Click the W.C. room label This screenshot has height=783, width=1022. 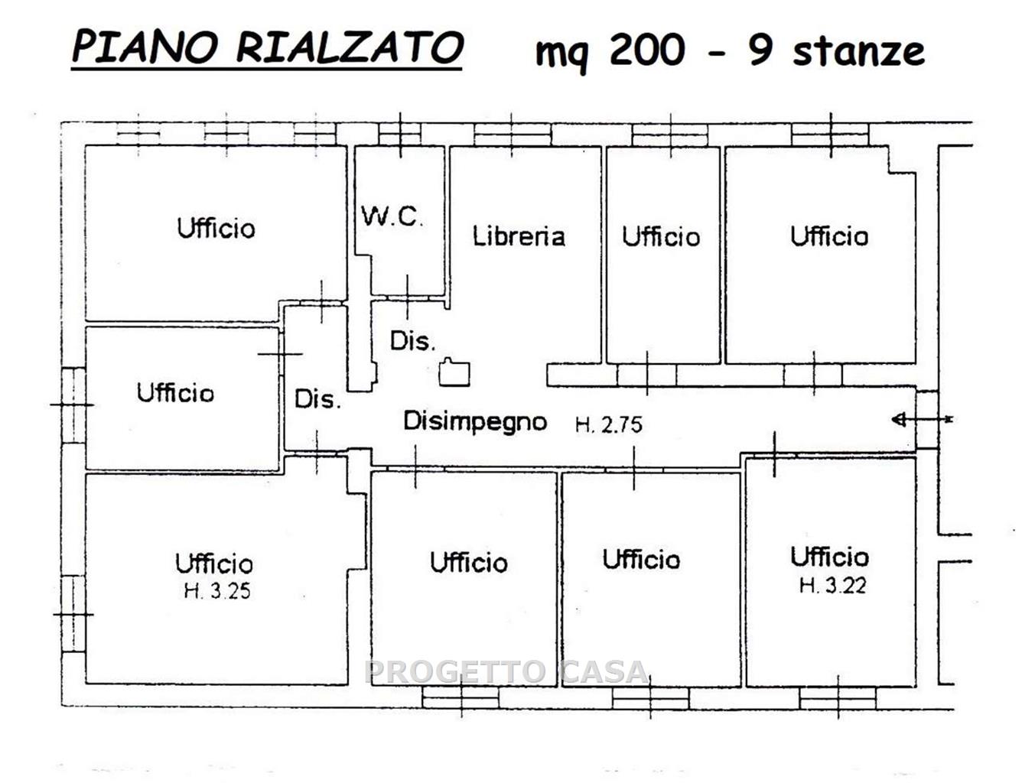click(x=392, y=216)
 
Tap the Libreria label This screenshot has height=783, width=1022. click(x=519, y=236)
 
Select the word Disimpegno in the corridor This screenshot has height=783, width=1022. click(x=476, y=421)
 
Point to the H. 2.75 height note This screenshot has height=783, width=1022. click(x=609, y=425)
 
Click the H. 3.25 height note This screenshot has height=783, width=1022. click(x=217, y=591)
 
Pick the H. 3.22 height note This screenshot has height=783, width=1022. click(x=833, y=586)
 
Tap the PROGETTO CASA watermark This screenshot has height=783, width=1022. click(x=506, y=671)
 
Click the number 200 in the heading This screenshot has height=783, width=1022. click(x=647, y=50)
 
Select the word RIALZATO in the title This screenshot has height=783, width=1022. click(x=350, y=47)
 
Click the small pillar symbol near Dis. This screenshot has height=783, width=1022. click(x=454, y=372)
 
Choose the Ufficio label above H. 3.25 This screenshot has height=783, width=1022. click(x=214, y=563)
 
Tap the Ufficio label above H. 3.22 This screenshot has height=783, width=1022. click(x=830, y=557)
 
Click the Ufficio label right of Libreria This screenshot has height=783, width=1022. click(x=661, y=236)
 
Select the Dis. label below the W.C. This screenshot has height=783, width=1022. click(x=413, y=341)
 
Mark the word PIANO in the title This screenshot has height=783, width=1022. click(x=145, y=47)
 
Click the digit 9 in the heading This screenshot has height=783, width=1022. click(x=761, y=50)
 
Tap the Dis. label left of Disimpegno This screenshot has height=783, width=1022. click(x=317, y=399)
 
